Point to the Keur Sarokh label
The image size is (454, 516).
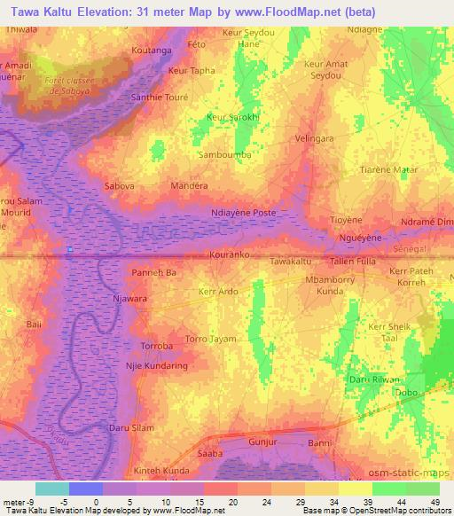click(x=231, y=117)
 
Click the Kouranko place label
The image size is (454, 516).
click(x=231, y=254)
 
